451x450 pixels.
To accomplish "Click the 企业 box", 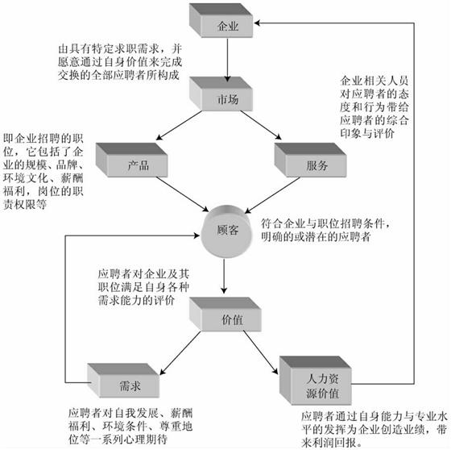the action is click(221, 20).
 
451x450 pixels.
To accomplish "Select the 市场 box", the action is click(221, 94).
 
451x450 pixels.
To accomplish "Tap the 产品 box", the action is click(132, 160).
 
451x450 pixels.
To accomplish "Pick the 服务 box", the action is click(310, 160).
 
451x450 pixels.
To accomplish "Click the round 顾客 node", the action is click(226, 231).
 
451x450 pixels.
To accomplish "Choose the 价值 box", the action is click(225, 315).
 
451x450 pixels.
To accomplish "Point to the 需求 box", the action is click(123, 381).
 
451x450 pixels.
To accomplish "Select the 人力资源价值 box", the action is click(316, 381).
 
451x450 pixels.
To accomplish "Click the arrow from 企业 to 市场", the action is click(227, 60).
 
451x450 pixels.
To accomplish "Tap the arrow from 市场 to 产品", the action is click(179, 125).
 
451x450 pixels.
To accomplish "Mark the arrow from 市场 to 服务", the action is click(261, 125).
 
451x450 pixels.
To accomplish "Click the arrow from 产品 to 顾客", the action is click(182, 194).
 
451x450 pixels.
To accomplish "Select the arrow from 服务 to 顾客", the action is click(272, 195).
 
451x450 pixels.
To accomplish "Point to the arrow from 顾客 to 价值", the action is click(224, 276).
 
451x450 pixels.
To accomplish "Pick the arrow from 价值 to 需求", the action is click(180, 353).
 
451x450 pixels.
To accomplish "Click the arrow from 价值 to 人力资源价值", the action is click(261, 352).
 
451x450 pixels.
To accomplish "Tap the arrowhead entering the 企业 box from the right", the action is click(257, 23).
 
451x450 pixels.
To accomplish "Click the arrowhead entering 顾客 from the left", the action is click(197, 235).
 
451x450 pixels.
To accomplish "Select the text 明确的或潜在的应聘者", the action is click(316, 237).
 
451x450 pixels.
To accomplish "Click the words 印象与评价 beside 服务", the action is click(367, 133).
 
